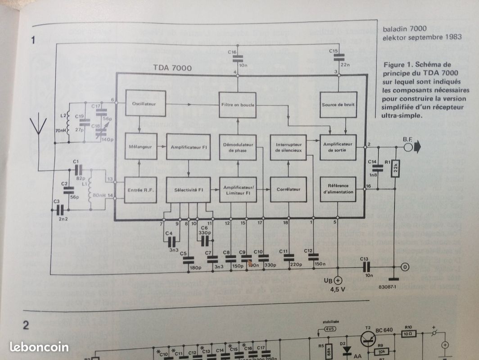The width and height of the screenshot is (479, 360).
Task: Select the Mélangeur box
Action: [x=141, y=147]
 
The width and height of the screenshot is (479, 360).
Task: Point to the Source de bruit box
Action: [x=338, y=105]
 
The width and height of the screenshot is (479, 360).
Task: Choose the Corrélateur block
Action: [x=288, y=190]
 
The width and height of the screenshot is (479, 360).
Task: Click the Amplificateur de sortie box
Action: [x=338, y=147]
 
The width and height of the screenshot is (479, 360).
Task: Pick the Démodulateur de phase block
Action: [x=238, y=147]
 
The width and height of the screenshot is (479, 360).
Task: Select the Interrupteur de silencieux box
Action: [x=288, y=147]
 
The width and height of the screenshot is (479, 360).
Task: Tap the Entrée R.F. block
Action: [x=141, y=190]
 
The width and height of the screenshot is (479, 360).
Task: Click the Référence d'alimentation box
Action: [x=338, y=189]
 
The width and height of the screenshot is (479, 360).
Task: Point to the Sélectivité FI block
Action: [x=188, y=190]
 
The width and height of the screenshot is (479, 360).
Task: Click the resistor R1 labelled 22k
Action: [x=394, y=168]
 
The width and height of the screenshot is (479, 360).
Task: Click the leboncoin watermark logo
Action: [x=39, y=346]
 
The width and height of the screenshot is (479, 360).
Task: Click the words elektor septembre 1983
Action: [x=415, y=37]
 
